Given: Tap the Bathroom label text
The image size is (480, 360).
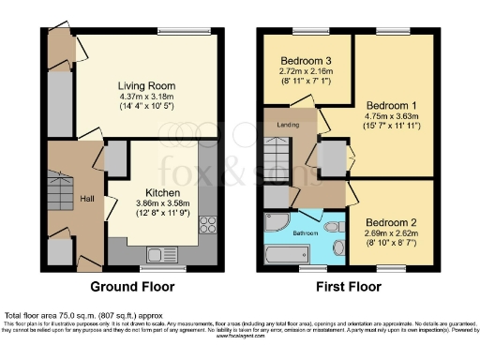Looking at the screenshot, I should pyautogui.click(x=305, y=232).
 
